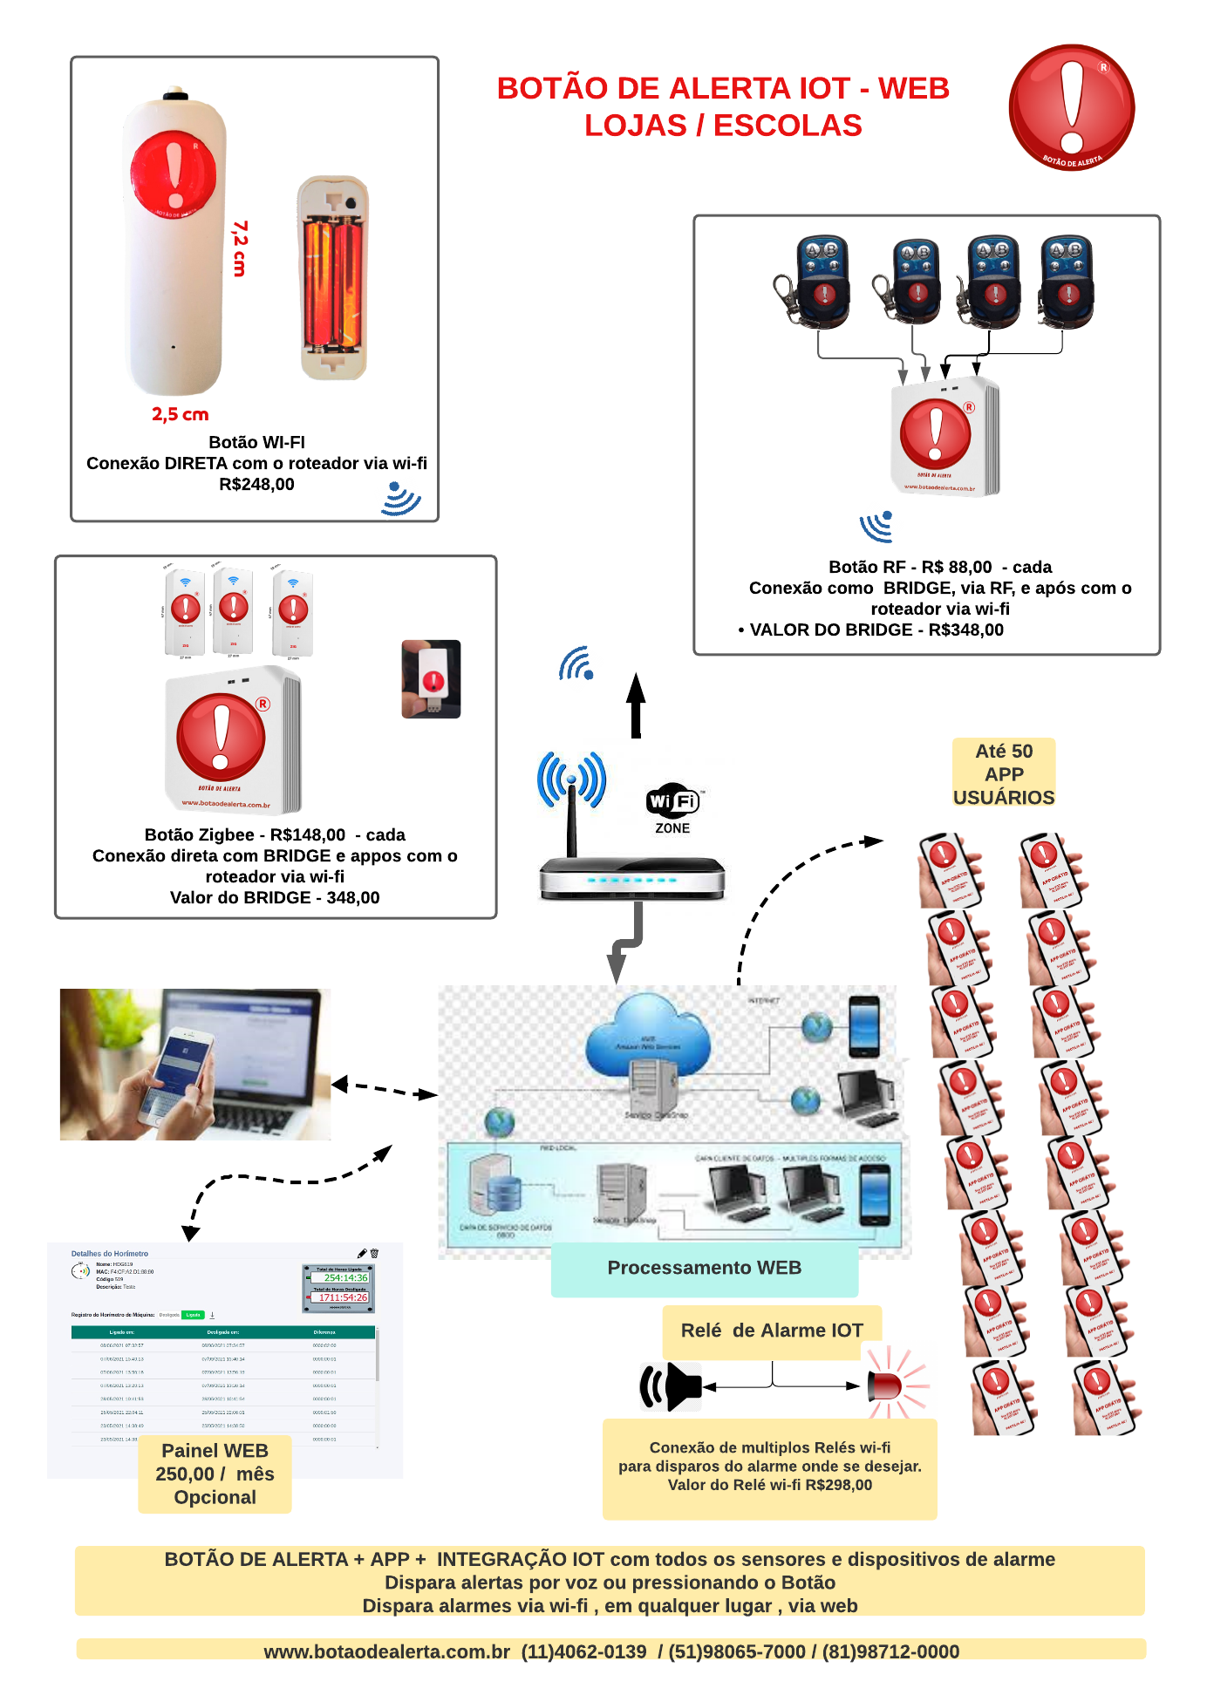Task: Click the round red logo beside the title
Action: (1071, 107)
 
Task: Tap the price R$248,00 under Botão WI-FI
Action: (256, 485)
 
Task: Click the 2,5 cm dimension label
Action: (180, 414)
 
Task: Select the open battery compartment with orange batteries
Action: (333, 277)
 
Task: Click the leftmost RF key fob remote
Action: (815, 282)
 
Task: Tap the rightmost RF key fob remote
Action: (1066, 281)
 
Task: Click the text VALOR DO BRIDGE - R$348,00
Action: (876, 630)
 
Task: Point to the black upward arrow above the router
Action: (637, 705)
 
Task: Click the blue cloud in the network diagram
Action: (648, 1037)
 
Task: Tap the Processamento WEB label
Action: (704, 1269)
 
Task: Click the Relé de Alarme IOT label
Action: (772, 1331)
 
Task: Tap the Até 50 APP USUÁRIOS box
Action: (1004, 773)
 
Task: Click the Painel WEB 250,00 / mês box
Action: (215, 1474)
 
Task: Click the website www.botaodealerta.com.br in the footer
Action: (386, 1652)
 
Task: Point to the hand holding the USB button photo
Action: (431, 679)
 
